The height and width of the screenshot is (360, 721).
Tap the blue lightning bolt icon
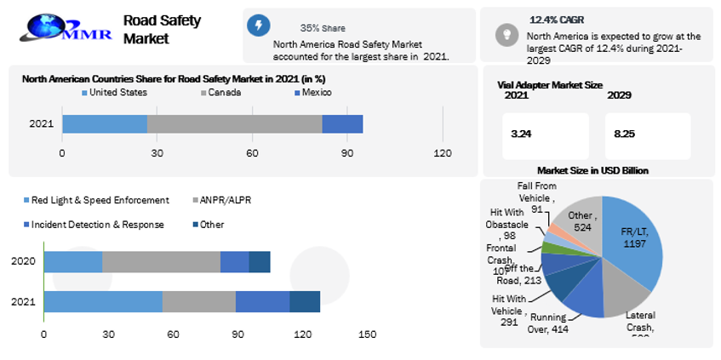(259, 25)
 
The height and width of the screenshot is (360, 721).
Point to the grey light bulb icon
(506, 34)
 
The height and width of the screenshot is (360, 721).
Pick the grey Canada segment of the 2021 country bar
(234, 123)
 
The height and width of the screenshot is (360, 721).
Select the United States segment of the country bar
(104, 123)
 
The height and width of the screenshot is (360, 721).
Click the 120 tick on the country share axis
(443, 153)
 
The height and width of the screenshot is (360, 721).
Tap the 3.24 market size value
(521, 134)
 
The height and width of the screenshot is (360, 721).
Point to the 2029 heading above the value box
(619, 95)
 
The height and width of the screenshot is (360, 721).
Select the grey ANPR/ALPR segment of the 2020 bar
(161, 262)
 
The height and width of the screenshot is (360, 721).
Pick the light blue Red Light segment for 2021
(102, 301)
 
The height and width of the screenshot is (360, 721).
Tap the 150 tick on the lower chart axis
(367, 334)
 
